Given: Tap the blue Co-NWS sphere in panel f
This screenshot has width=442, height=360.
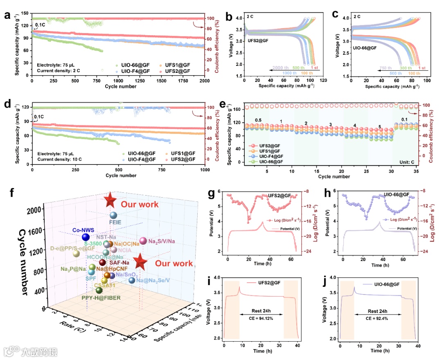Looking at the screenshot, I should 86,237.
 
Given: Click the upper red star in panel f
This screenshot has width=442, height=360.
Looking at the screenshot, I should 110,201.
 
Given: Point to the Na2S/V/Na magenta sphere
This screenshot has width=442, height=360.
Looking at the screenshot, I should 143,241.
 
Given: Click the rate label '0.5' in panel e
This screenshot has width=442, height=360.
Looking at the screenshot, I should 259,120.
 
